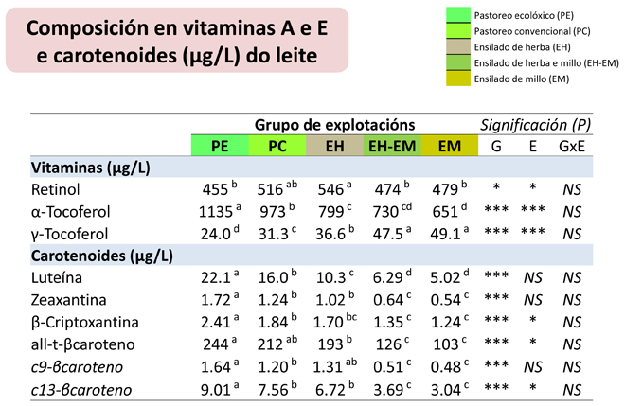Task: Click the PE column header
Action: pyautogui.click(x=220, y=146)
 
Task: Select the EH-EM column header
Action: pyautogui.click(x=392, y=146)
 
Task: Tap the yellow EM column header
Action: pyautogui.click(x=449, y=146)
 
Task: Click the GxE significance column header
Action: pyautogui.click(x=572, y=147)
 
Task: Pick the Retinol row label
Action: pyautogui.click(x=56, y=189)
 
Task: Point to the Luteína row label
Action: pyautogui.click(x=57, y=277)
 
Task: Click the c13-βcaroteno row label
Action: pyautogui.click(x=81, y=390)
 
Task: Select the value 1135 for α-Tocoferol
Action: pyautogui.click(x=215, y=212)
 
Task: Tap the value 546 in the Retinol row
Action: pyautogui.click(x=330, y=189)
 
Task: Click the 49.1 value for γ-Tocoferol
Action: pyautogui.click(x=446, y=234)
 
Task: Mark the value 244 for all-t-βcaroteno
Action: pyautogui.click(x=216, y=344)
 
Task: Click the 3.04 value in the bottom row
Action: pyautogui.click(x=446, y=390)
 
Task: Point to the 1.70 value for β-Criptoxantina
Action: pyautogui.click(x=328, y=323)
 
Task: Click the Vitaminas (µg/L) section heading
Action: pyautogui.click(x=91, y=168)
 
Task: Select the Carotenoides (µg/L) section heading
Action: pyautogui.click(x=102, y=256)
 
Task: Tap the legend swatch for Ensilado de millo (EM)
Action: pyautogui.click(x=458, y=79)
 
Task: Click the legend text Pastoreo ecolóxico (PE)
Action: pyautogui.click(x=524, y=15)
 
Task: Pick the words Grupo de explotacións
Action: pyautogui.click(x=335, y=125)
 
